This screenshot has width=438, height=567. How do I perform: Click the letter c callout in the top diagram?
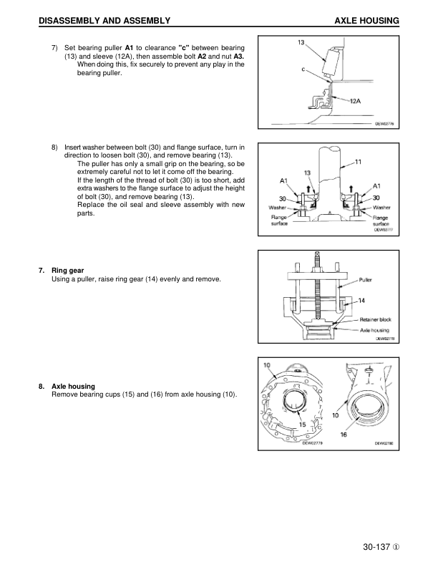point(303,69)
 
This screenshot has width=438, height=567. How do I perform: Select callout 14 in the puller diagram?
point(361,301)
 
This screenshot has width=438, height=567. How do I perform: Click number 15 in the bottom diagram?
point(302,424)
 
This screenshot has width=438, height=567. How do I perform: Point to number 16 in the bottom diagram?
point(344,434)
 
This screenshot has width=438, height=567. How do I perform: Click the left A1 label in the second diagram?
point(284,180)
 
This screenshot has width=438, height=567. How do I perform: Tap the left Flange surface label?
point(279,220)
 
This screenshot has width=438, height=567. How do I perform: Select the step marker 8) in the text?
point(54,147)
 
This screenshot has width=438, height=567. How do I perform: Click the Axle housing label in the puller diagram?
point(374,331)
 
